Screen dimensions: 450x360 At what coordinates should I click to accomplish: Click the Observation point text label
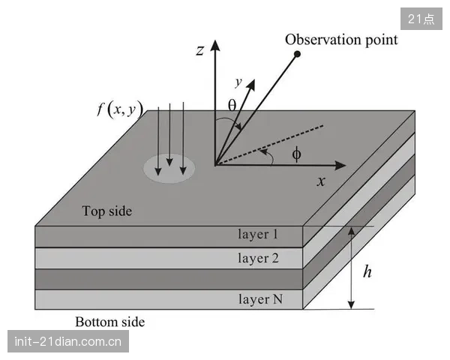click(341, 40)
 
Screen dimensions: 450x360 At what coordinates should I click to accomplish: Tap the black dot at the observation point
click(298, 54)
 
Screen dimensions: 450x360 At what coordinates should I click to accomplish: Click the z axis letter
click(200, 50)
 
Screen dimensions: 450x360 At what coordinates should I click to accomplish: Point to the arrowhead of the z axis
click(215, 45)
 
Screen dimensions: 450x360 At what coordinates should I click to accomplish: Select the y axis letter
click(238, 82)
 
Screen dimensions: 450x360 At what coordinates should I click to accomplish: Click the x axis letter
click(321, 181)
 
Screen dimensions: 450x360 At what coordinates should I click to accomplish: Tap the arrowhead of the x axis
click(340, 165)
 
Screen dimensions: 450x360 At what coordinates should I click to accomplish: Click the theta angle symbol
click(232, 105)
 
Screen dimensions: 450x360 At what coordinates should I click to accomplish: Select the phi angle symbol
click(296, 154)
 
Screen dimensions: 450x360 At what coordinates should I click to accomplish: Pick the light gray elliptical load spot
click(169, 169)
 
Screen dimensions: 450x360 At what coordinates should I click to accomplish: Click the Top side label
click(107, 211)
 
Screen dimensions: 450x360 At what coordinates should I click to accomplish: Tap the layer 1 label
click(258, 235)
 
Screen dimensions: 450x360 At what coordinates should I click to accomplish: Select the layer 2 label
click(258, 258)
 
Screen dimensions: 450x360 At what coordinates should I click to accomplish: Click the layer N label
click(260, 299)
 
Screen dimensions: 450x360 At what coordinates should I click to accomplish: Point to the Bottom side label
click(110, 322)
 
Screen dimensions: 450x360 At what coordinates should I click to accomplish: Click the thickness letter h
click(367, 271)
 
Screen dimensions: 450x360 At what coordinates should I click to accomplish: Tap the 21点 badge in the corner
click(421, 19)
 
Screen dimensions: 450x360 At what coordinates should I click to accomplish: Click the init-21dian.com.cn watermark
click(68, 341)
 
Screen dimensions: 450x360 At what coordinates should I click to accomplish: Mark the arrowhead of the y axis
click(251, 85)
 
